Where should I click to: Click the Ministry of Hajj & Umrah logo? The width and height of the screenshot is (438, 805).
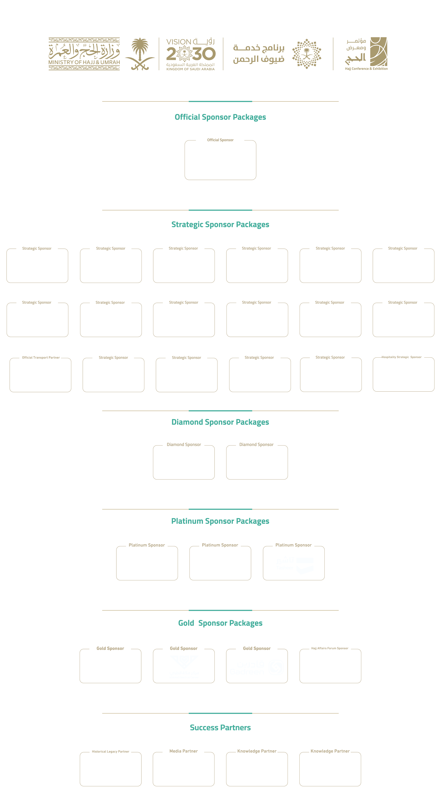[x=84, y=54]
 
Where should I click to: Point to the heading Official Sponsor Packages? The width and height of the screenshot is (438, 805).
[x=220, y=117]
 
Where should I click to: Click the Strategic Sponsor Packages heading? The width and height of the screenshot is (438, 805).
[x=220, y=225]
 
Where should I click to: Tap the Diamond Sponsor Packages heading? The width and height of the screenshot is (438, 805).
[x=220, y=422]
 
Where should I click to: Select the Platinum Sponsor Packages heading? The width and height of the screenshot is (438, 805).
[x=220, y=521]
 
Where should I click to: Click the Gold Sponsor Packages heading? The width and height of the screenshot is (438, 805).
[x=220, y=623]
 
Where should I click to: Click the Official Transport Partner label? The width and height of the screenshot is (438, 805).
[x=41, y=358]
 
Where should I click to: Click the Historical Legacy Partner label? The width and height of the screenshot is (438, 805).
[x=111, y=752]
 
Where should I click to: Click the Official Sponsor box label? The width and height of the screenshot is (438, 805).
[x=220, y=140]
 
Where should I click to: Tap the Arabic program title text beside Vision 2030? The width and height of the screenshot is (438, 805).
[x=259, y=54]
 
